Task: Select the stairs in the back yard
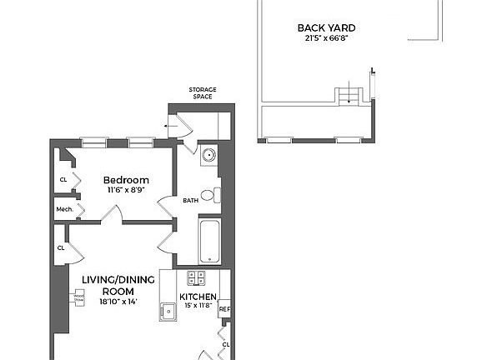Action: click(x=349, y=95)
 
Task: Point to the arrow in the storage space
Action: click(x=171, y=127)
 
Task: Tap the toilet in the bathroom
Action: click(x=216, y=195)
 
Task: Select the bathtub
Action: click(x=209, y=239)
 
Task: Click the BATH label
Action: click(x=190, y=200)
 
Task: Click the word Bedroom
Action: click(x=126, y=180)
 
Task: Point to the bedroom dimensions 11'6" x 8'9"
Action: click(x=126, y=191)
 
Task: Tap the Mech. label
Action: click(x=63, y=210)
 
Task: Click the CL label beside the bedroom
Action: click(x=63, y=179)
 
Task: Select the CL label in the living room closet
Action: click(x=62, y=247)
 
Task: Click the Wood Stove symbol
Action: click(x=79, y=297)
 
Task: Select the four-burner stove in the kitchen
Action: click(x=197, y=278)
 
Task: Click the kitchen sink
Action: click(x=168, y=312)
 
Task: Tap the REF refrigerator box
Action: click(x=223, y=310)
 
